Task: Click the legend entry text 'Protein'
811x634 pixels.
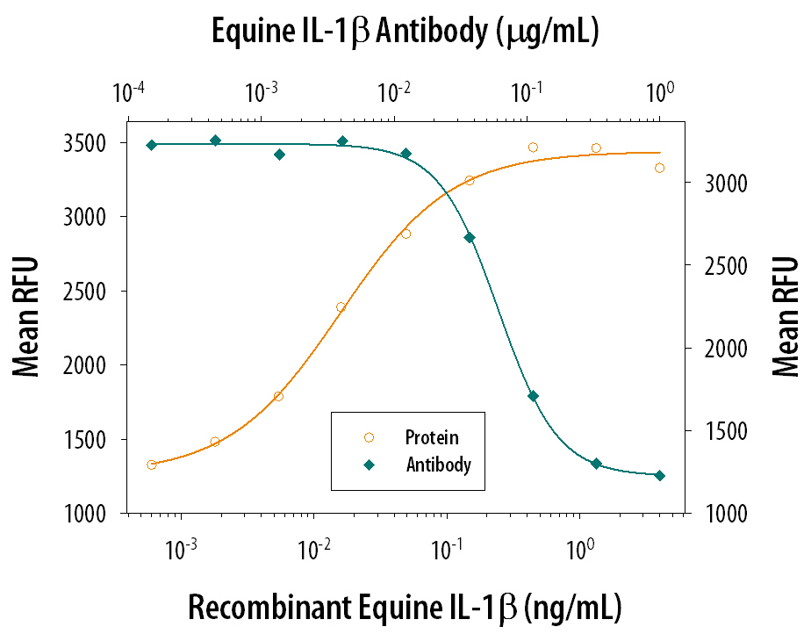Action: (x=432, y=436)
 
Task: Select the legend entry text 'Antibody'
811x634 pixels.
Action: (x=439, y=465)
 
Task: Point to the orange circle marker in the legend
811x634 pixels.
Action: (x=369, y=436)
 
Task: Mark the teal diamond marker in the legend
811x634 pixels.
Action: (x=369, y=465)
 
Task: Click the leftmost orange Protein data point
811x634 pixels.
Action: (x=152, y=465)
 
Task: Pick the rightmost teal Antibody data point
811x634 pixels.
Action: (x=660, y=475)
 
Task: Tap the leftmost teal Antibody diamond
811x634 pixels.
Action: (x=152, y=145)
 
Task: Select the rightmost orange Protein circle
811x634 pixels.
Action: (x=660, y=168)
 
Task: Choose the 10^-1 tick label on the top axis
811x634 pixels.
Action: (x=527, y=91)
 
